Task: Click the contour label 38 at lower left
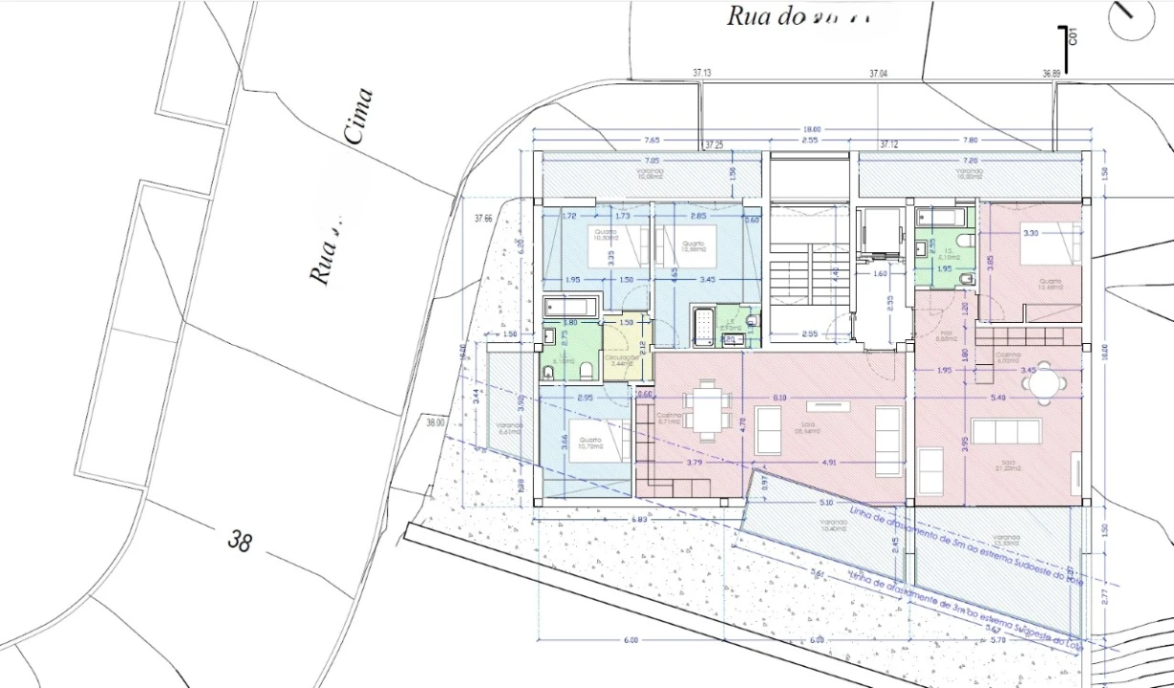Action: [x=240, y=541]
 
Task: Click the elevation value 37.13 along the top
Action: [x=703, y=73]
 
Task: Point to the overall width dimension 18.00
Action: [x=811, y=129]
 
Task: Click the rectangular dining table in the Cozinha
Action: [x=708, y=410]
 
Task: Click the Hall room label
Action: [x=946, y=336]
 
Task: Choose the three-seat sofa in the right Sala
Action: [x=1006, y=431]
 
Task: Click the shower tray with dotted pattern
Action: [x=705, y=326]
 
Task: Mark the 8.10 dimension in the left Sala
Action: [x=780, y=397]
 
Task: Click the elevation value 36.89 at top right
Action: [x=1053, y=73]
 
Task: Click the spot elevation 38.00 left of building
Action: [x=436, y=422]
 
